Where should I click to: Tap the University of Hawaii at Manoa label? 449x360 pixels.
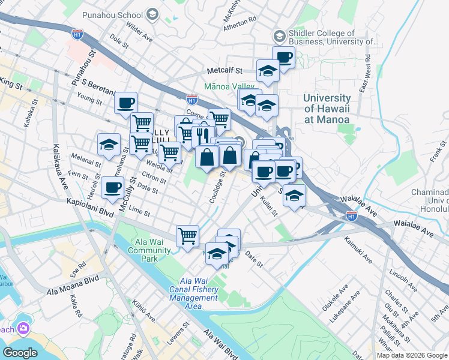[x=327, y=109]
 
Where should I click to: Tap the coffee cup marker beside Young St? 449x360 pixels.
[x=125, y=103]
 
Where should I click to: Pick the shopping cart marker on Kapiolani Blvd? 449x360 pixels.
[x=187, y=235]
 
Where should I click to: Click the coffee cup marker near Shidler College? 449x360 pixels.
[x=283, y=58]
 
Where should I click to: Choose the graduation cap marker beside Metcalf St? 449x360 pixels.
[x=268, y=71]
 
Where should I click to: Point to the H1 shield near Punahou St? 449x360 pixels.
[x=76, y=34]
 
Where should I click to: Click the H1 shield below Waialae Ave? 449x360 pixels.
[x=352, y=215]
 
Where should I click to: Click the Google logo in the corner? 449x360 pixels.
[x=20, y=353]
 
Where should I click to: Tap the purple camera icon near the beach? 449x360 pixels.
[x=23, y=328]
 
